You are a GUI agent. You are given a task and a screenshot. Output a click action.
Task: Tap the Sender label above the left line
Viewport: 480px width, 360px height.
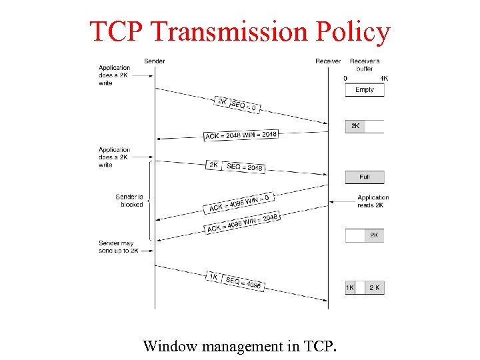point(155,61)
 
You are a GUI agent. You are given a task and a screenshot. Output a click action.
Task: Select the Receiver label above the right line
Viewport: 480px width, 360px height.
point(328,61)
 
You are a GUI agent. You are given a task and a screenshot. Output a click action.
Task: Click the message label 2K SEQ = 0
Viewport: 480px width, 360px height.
point(237,105)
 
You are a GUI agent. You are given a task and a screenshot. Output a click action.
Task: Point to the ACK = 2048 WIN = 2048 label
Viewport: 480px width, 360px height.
point(241,135)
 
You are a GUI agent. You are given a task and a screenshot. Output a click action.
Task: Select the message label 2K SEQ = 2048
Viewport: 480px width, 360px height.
point(235,166)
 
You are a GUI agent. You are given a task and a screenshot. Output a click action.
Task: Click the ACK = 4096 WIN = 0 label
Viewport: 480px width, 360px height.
point(239,203)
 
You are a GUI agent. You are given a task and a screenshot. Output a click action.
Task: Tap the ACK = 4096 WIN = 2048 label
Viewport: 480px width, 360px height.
point(242,224)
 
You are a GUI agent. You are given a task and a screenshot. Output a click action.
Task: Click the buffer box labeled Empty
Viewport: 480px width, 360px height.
point(365,90)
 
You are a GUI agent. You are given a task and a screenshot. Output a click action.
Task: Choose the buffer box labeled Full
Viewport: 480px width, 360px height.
point(365,177)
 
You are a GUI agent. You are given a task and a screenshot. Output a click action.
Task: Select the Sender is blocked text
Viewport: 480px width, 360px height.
point(129,201)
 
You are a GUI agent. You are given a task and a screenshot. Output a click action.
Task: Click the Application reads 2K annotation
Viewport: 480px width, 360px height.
point(373,201)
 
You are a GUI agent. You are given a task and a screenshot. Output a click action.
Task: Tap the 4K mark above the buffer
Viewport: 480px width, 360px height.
point(383,78)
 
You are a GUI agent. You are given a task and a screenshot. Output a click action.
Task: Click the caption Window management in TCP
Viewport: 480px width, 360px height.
point(240,346)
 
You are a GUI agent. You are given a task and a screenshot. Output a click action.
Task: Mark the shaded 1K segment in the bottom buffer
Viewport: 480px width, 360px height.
point(350,288)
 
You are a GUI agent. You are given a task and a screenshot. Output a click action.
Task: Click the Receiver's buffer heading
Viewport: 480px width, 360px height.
point(365,65)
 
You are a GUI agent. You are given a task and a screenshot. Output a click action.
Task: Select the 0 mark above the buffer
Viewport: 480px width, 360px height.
point(345,78)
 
